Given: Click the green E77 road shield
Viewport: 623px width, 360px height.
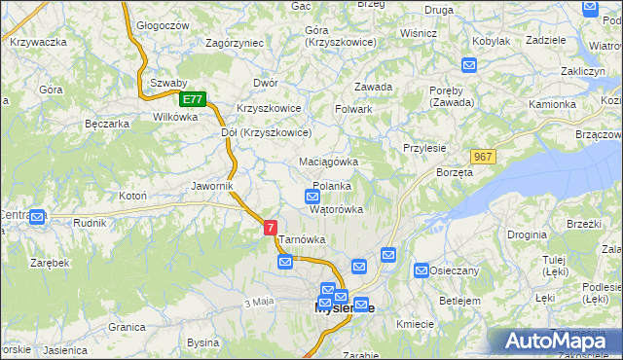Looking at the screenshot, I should tap(193, 99).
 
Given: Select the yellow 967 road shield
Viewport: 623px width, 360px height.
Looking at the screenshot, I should tap(482, 157).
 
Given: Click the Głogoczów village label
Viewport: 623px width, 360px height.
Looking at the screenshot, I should tap(162, 26).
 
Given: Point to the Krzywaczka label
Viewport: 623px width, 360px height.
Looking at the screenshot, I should tap(38, 42).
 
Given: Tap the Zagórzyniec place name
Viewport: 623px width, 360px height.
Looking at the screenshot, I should tap(235, 44).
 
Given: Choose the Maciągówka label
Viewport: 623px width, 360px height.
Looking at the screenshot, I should tap(329, 162).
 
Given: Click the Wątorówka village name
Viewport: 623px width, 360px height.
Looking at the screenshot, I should tap(336, 209).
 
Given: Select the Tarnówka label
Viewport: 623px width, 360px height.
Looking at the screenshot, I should tap(301, 238).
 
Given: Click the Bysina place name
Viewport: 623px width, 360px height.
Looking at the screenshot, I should tap(203, 342).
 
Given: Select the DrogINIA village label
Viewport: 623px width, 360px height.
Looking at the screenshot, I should tap(526, 234).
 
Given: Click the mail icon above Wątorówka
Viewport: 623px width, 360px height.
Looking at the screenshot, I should tap(311, 196).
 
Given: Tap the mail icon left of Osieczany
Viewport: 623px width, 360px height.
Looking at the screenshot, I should tap(421, 270).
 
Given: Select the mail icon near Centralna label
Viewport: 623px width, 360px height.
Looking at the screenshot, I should tap(37, 217).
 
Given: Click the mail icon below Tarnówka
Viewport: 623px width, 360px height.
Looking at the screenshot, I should tap(285, 261).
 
